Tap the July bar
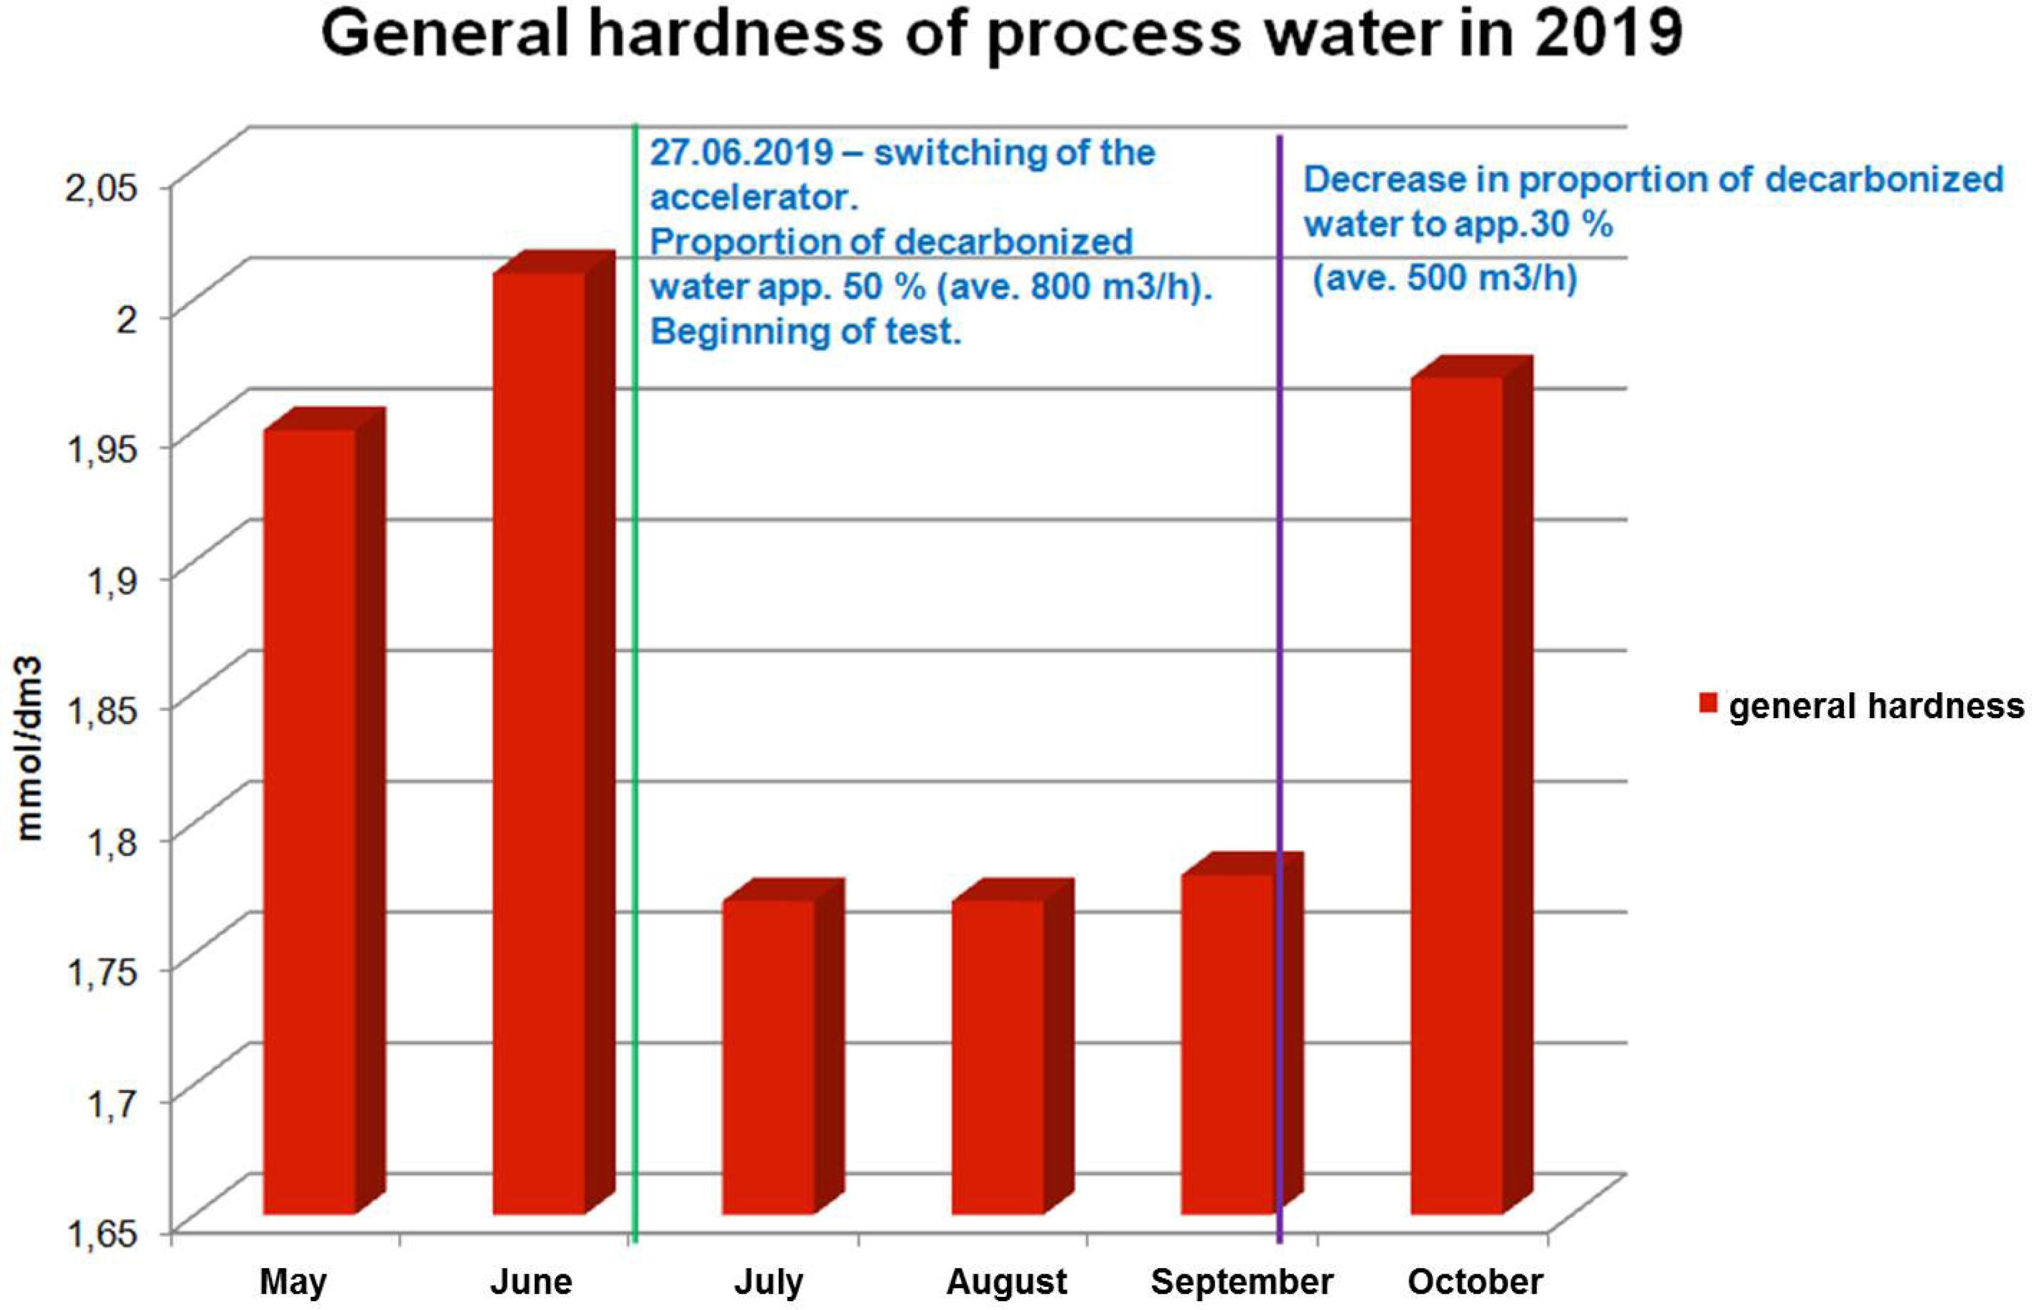[769, 1055]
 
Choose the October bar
[1456, 795]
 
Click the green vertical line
[635, 680]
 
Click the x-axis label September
[1242, 1282]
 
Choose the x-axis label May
[292, 1282]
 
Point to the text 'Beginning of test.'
[805, 332]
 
